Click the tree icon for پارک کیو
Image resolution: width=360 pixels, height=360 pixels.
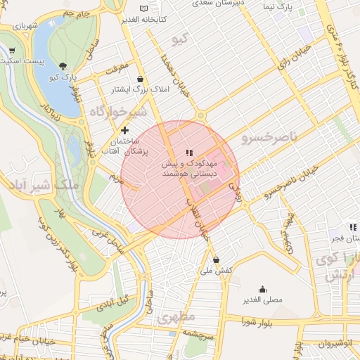[63, 65]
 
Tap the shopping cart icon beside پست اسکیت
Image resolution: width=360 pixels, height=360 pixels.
[12, 51]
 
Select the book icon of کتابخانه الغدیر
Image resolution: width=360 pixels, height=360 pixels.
[144, 8]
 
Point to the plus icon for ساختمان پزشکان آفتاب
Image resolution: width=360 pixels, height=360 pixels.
[125, 130]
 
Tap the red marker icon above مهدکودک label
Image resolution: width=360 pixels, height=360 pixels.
[188, 152]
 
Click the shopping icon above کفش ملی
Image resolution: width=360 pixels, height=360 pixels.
[216, 259]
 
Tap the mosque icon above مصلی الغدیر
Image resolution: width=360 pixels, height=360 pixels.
[263, 289]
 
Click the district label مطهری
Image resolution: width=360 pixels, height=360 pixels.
[175, 317]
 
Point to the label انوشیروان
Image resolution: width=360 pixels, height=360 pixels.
[333, 345]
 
